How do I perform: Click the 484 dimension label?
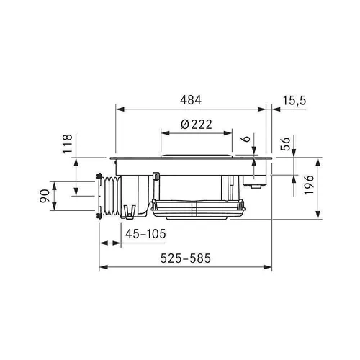pos(191,100)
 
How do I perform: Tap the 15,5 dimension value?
pos(294,100)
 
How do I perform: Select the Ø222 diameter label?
pos(197,125)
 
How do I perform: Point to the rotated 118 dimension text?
pos(68,144)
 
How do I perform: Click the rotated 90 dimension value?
pos(45,196)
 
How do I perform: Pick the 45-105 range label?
pos(145,234)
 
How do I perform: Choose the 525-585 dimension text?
pos(186,258)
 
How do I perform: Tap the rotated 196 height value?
pos(309,185)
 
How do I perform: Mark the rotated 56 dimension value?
pos(286,144)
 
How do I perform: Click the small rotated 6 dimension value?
pos(246,139)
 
